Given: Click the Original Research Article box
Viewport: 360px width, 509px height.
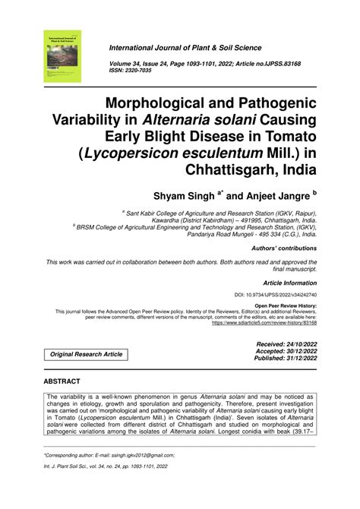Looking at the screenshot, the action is [x=86, y=355].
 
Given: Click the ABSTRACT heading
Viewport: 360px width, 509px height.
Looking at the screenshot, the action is [x=68, y=383].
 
